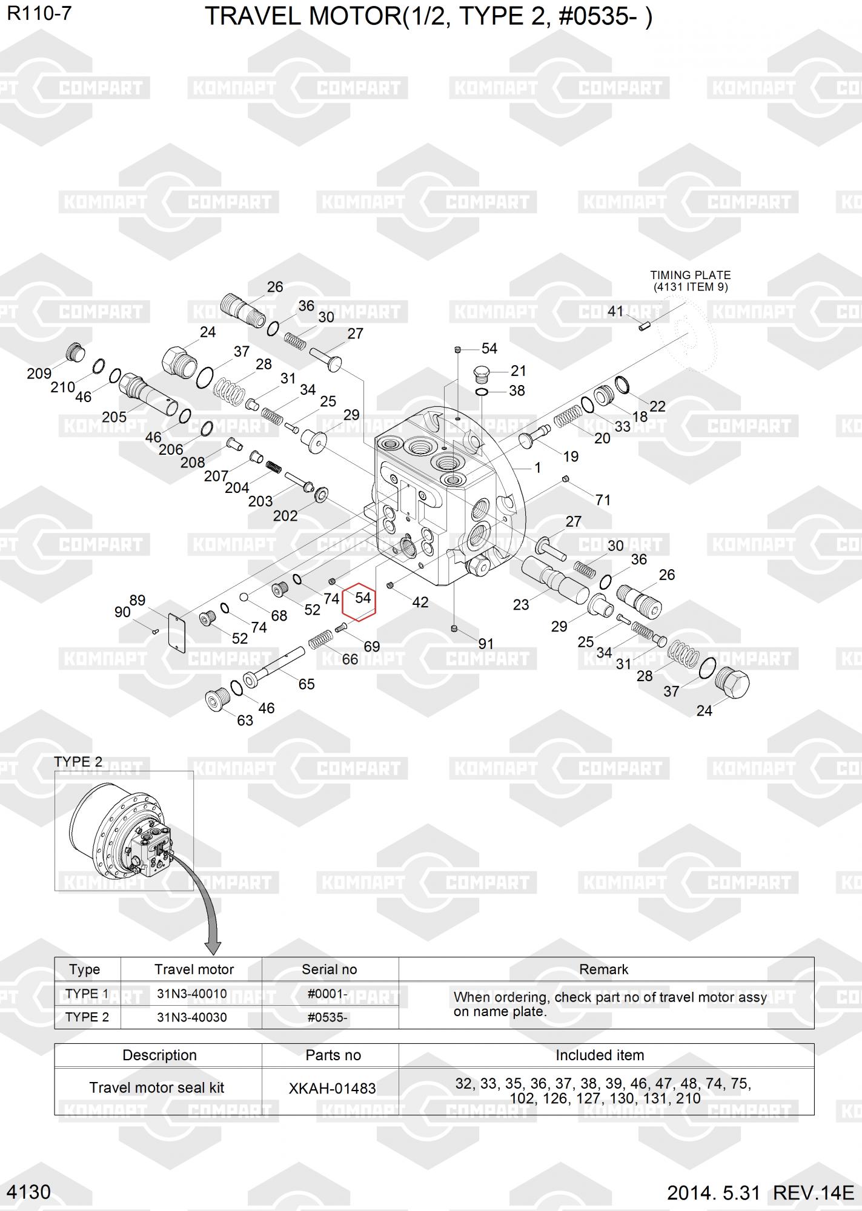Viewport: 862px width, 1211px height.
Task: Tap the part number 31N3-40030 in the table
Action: [x=192, y=1017]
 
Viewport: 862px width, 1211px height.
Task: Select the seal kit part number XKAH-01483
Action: [x=332, y=1088]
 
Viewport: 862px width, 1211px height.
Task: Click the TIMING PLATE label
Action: [x=691, y=275]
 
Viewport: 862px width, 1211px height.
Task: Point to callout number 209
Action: [x=39, y=374]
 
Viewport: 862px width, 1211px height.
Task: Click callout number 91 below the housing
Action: [x=486, y=644]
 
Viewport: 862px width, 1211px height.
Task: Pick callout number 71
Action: [x=603, y=500]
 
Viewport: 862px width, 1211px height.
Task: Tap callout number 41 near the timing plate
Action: [x=615, y=311]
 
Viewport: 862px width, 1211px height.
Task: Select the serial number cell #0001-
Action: [x=327, y=994]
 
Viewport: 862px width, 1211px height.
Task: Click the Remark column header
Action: [x=604, y=969]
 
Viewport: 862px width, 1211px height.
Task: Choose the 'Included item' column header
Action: [x=600, y=1055]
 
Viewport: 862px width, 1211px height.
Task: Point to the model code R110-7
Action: [x=39, y=13]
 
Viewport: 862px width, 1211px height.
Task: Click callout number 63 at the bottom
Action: [x=245, y=721]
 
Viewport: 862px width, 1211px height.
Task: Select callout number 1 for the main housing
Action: [x=537, y=467]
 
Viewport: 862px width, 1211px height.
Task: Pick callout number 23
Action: [x=521, y=604]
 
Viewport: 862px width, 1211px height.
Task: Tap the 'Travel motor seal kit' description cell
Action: [x=157, y=1088]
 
